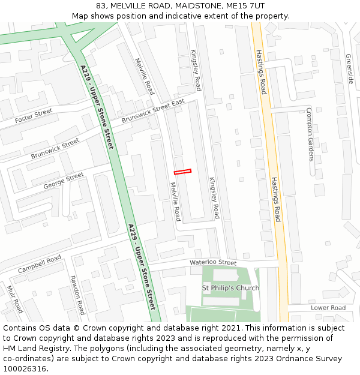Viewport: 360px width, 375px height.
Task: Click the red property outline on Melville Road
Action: pyautogui.click(x=182, y=172)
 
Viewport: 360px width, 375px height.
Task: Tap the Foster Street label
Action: pyautogui.click(x=34, y=115)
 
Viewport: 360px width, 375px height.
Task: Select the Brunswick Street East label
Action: pyautogui.click(x=152, y=111)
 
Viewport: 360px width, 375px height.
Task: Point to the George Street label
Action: pyautogui.click(x=64, y=181)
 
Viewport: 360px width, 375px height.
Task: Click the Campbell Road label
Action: pyautogui.click(x=40, y=264)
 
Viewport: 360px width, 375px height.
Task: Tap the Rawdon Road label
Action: pyautogui.click(x=77, y=295)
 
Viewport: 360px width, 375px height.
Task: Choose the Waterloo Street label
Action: pyautogui.click(x=213, y=262)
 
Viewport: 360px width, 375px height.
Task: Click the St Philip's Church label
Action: pyautogui.click(x=231, y=288)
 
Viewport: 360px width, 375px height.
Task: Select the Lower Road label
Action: pyautogui.click(x=328, y=308)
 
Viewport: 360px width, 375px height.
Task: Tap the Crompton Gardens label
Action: pyautogui.click(x=310, y=134)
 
